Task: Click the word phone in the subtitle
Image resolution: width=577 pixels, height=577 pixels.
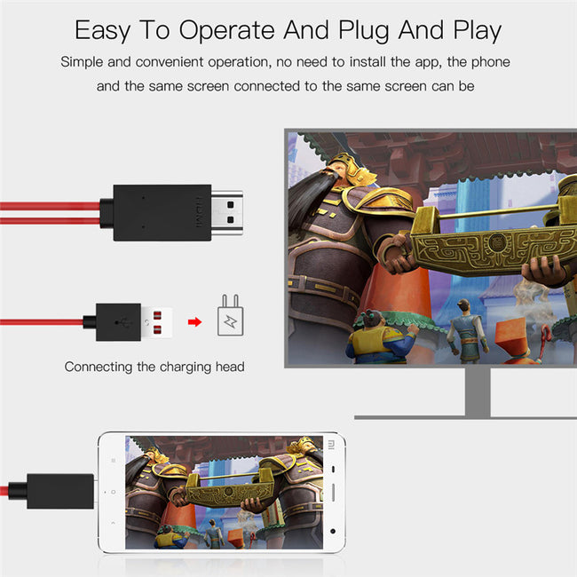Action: pyautogui.click(x=491, y=62)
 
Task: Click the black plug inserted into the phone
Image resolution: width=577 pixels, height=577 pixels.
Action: pyautogui.click(x=59, y=491)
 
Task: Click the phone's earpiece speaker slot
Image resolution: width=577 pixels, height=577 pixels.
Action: pyautogui.click(x=333, y=491)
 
